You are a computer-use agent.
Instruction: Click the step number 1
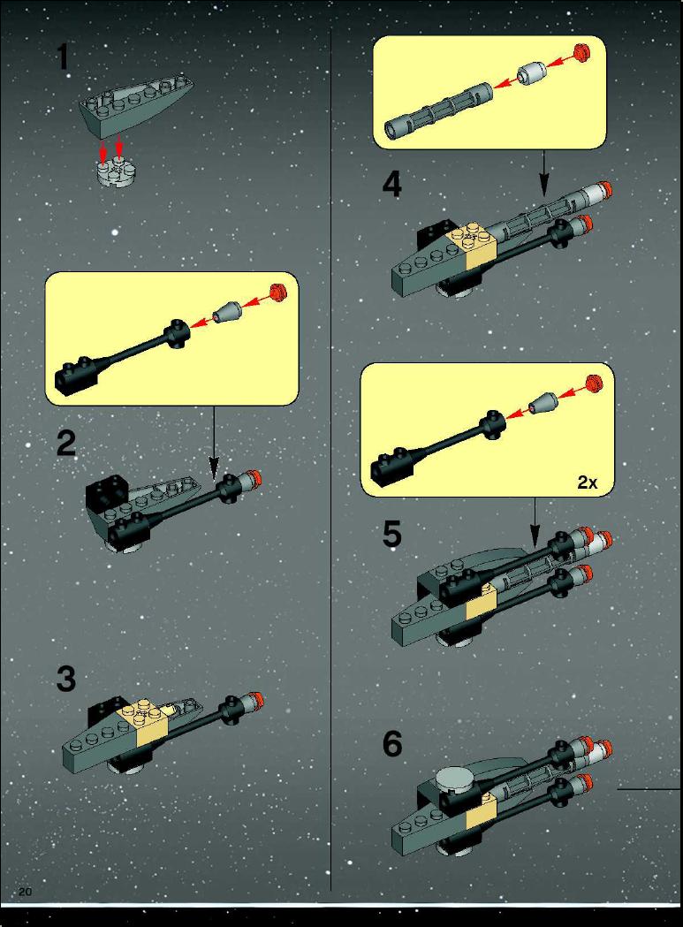[x=64, y=59]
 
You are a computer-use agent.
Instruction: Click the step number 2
[x=66, y=444]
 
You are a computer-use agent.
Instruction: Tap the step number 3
[x=66, y=679]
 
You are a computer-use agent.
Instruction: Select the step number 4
[x=392, y=184]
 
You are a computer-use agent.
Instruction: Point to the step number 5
[x=392, y=534]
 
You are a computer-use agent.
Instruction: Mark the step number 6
[x=392, y=744]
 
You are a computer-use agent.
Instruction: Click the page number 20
[x=26, y=892]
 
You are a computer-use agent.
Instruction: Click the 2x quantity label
[x=588, y=482]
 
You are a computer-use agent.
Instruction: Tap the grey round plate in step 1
[x=116, y=171]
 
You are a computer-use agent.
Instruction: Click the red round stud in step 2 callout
[x=277, y=292]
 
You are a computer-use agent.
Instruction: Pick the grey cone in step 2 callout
[x=228, y=312]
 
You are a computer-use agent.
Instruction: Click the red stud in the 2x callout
[x=594, y=384]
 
